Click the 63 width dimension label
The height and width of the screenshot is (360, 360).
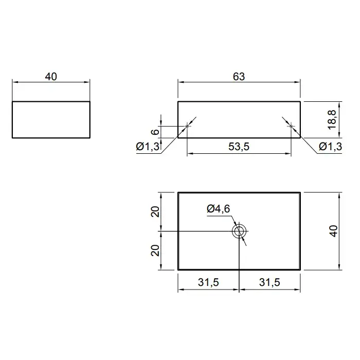pyautogui.click(x=239, y=77)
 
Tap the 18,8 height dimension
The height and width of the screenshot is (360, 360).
pyautogui.click(x=332, y=120)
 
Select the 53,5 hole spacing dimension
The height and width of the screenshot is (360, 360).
pyautogui.click(x=239, y=147)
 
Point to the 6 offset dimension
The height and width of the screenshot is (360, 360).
pyautogui.click(x=155, y=132)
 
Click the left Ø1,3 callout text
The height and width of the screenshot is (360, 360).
pyautogui.click(x=148, y=146)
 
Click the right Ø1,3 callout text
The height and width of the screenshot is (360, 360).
pyautogui.click(x=331, y=146)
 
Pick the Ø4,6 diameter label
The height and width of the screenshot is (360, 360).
pyautogui.click(x=219, y=209)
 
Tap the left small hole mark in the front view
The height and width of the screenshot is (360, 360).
pyautogui.click(x=187, y=126)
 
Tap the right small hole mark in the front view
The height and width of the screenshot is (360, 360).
pyautogui.click(x=291, y=126)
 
